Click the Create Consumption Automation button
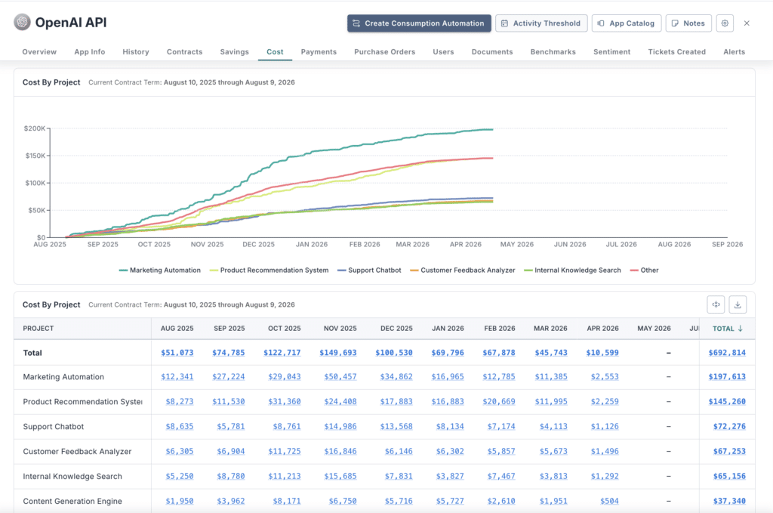tap(419, 23)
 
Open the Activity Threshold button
tap(540, 23)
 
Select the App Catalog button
tap(626, 23)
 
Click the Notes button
tap(688, 23)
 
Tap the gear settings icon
tap(725, 23)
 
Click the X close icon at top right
tap(747, 23)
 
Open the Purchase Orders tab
tap(384, 52)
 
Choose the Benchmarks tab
tap(553, 52)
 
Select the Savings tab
tap(234, 52)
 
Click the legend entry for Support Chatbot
tap(369, 270)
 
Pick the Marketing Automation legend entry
tap(160, 270)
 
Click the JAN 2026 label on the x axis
tap(312, 244)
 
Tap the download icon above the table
tap(738, 304)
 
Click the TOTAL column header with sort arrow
tap(728, 329)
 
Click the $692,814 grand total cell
tap(726, 353)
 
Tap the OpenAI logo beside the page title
tap(23, 23)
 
